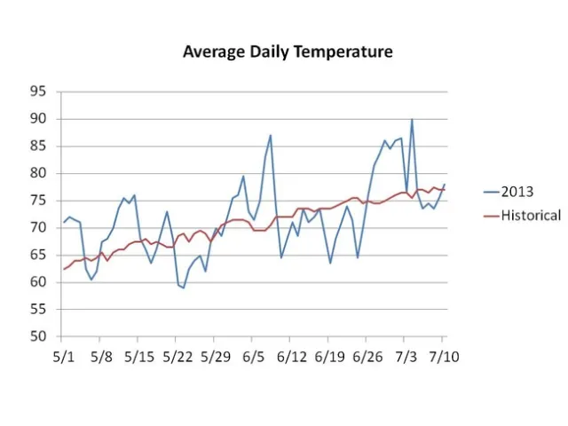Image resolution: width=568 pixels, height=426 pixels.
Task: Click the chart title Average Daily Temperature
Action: (x=288, y=51)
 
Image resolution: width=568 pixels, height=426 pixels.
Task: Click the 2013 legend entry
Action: (x=518, y=191)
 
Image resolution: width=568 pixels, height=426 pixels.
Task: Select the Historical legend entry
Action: (x=530, y=215)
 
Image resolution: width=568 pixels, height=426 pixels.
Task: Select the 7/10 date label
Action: (x=444, y=356)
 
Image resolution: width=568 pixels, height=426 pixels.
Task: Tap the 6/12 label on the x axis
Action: (x=291, y=356)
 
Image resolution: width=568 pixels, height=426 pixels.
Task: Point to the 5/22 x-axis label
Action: (x=177, y=356)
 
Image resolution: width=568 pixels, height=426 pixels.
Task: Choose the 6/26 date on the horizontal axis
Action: (x=367, y=356)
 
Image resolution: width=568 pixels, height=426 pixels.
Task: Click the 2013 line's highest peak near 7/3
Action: (x=412, y=120)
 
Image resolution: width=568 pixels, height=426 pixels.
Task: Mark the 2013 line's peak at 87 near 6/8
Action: (x=271, y=136)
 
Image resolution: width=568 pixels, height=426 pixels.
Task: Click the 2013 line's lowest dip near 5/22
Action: (x=183, y=288)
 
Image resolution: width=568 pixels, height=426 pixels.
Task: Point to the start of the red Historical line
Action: (x=62, y=269)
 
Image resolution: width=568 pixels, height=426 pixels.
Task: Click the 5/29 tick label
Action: (x=215, y=356)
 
